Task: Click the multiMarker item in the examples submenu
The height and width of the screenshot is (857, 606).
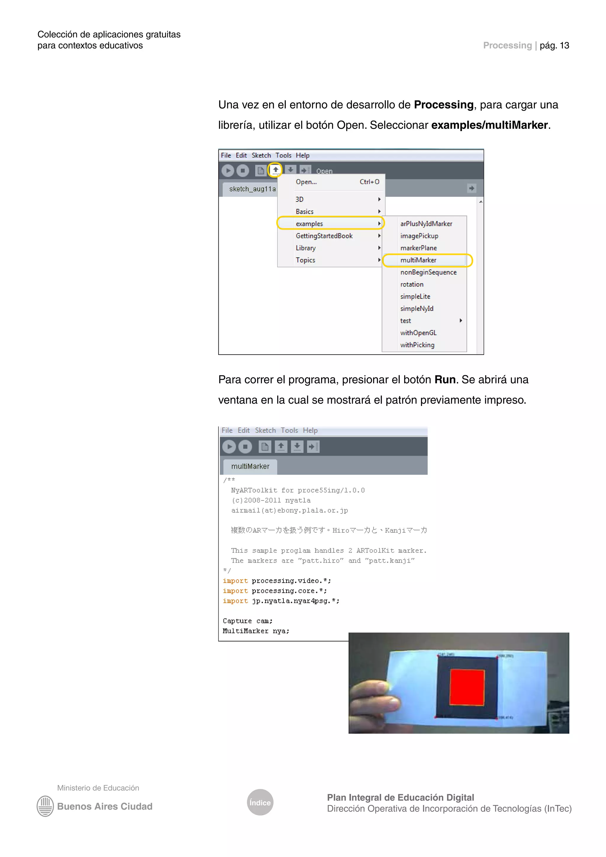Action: (x=418, y=260)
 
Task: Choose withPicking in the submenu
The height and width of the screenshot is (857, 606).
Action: (x=417, y=345)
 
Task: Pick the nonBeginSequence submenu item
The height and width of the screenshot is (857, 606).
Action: (x=428, y=272)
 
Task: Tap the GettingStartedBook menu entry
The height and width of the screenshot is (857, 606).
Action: (x=324, y=236)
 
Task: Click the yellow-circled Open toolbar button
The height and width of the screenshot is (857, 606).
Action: (x=275, y=170)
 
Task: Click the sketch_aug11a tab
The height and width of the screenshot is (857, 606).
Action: (x=252, y=189)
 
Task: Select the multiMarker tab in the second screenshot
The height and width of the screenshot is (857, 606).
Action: (x=250, y=466)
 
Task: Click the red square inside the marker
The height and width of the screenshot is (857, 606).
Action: (x=467, y=687)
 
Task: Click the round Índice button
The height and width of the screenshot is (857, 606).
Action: (x=260, y=802)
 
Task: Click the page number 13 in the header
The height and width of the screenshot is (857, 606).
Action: (x=564, y=46)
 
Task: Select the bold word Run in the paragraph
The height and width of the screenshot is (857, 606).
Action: (x=445, y=380)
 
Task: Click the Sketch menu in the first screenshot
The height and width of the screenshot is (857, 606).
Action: (x=261, y=155)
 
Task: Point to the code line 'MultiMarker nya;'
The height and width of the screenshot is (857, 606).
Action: (x=256, y=631)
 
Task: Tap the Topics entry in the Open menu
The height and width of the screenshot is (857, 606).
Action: (x=305, y=260)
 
